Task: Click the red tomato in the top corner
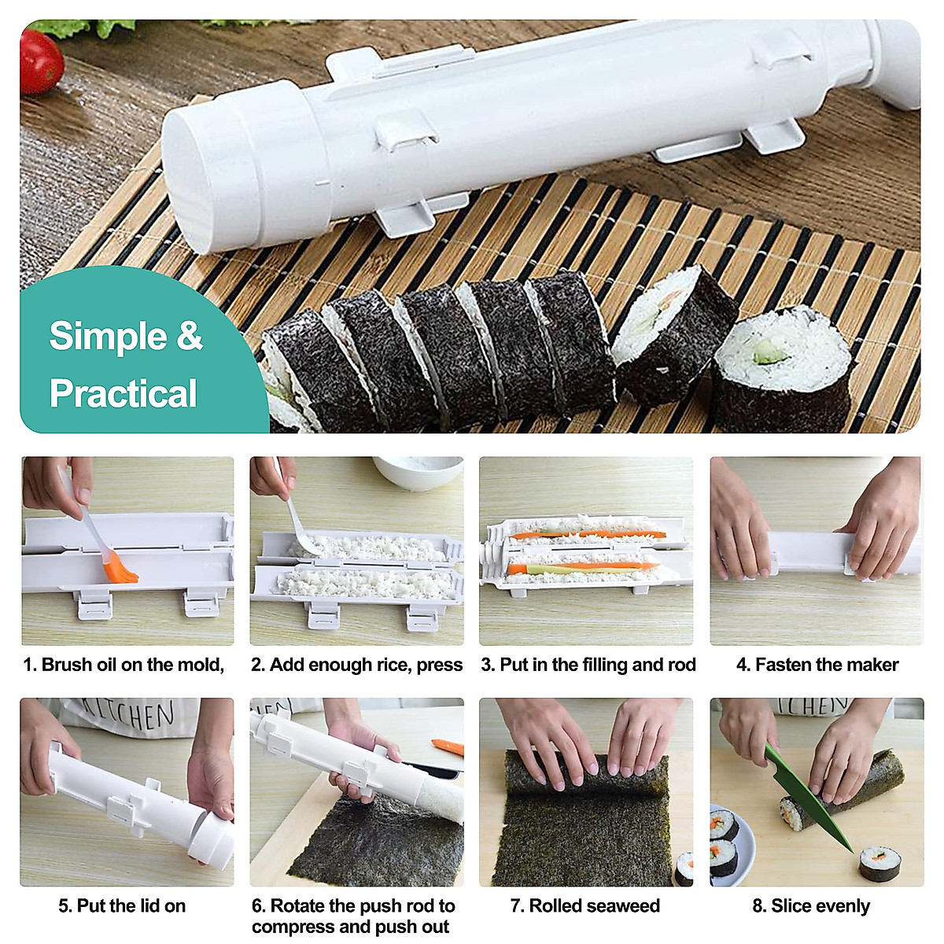(39, 61)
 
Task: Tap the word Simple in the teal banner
(107, 337)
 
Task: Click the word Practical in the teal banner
(123, 393)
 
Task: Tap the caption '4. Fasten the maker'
(817, 665)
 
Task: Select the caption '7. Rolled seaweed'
(584, 905)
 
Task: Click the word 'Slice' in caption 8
(790, 905)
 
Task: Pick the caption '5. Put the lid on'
(122, 905)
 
